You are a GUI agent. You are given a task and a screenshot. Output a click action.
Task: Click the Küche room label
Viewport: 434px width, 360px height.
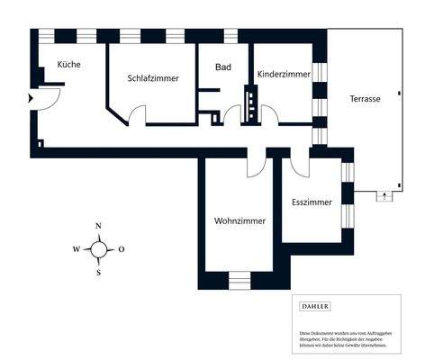(x=69, y=65)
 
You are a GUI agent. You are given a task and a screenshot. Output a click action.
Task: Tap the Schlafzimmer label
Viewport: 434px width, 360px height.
(x=153, y=78)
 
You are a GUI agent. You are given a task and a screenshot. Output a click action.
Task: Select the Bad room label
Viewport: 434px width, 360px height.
(x=224, y=67)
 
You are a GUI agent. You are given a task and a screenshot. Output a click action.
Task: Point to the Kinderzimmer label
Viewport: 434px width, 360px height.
(x=284, y=74)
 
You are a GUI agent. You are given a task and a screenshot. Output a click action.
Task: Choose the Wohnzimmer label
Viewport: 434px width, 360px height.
(x=239, y=220)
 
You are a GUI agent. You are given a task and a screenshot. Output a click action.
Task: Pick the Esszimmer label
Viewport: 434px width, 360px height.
(x=312, y=202)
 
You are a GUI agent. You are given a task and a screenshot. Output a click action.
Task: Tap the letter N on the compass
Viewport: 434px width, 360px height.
(x=99, y=226)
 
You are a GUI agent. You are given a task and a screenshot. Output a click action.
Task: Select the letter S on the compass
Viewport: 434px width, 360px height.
(x=99, y=273)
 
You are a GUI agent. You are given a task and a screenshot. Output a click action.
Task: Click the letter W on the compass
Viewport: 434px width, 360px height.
(x=77, y=249)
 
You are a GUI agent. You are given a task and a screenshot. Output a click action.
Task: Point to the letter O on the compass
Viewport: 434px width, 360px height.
(x=122, y=249)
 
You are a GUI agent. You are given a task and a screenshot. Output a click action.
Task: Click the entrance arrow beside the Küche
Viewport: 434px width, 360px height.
(x=32, y=98)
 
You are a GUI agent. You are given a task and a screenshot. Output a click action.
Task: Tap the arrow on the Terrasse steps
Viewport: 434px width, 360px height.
(x=385, y=194)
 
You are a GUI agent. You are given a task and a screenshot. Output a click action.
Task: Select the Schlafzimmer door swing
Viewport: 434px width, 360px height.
(x=136, y=116)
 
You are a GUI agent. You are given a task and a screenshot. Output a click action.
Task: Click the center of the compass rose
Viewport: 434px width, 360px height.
(x=99, y=249)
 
